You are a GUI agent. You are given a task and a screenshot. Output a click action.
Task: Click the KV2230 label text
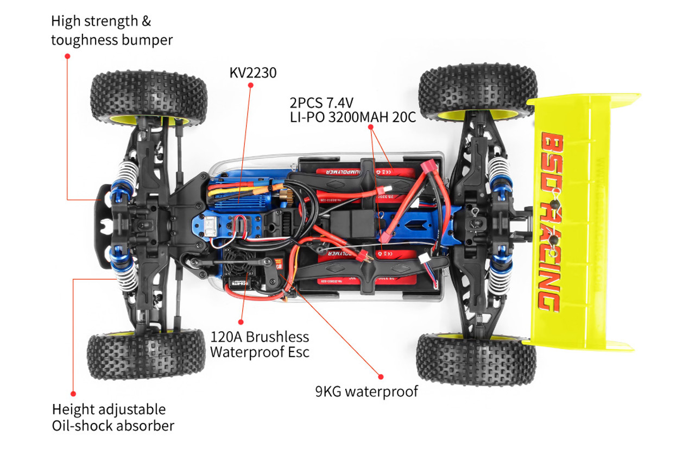pyautogui.click(x=253, y=72)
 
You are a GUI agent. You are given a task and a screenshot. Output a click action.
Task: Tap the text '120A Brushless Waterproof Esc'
pyautogui.click(x=260, y=344)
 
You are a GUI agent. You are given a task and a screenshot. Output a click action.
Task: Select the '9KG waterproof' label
pyautogui.click(x=367, y=391)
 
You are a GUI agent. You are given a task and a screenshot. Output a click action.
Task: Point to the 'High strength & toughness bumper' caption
pyautogui.click(x=112, y=30)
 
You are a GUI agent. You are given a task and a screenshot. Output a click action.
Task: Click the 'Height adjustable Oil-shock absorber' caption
pyautogui.click(x=113, y=417)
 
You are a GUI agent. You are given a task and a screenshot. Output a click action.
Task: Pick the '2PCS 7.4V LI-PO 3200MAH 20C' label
pyautogui.click(x=353, y=110)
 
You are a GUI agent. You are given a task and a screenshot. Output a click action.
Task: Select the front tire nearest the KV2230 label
pyautogui.click(x=149, y=98)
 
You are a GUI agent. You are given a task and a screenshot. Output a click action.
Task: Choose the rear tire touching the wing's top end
pyautogui.click(x=478, y=92)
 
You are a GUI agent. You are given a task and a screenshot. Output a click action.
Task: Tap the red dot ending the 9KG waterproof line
pyautogui.click(x=381, y=376)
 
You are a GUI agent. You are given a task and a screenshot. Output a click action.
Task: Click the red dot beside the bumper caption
pyautogui.click(x=67, y=55)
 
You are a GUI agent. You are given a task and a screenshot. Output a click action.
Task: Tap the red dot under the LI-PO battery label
pyautogui.click(x=371, y=127)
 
